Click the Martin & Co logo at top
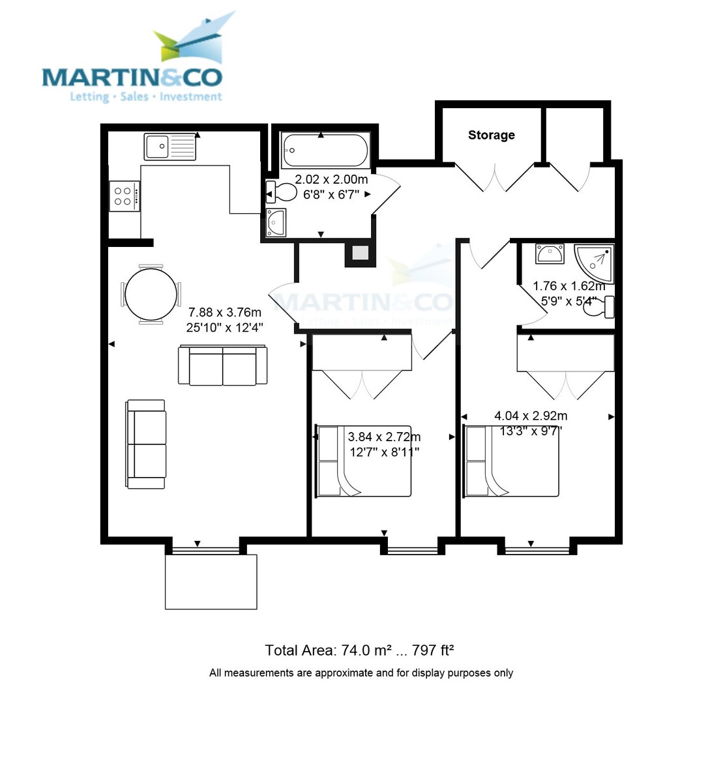[x=133, y=62]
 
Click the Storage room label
[x=491, y=136]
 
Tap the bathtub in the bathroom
[x=324, y=151]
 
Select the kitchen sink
[x=170, y=147]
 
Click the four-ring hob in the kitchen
[x=124, y=196]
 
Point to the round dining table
[x=151, y=295]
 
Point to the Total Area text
[x=359, y=650]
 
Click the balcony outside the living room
[x=211, y=581]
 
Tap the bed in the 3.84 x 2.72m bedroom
[x=364, y=461]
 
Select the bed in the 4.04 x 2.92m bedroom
[x=512, y=461]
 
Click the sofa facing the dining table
[x=222, y=366]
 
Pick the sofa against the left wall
[x=146, y=444]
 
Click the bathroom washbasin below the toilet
[x=276, y=222]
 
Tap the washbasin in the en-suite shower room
[x=550, y=253]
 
